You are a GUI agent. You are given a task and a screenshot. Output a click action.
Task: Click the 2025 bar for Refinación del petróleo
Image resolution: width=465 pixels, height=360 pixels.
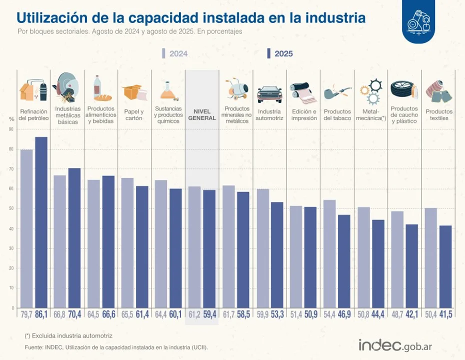pos(41,222)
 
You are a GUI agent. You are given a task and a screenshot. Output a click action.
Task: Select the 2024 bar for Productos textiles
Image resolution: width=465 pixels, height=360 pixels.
pos(431,258)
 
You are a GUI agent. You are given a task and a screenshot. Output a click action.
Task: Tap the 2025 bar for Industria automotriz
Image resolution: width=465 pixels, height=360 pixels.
pos(277,255)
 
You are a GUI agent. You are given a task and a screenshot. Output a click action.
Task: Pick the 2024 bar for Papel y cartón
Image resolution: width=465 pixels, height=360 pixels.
pos(127,243)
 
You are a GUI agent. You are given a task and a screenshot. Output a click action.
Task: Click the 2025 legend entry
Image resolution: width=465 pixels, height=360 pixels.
pos(280,53)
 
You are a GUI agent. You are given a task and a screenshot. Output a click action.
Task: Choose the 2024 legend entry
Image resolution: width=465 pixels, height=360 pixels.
pos(175,53)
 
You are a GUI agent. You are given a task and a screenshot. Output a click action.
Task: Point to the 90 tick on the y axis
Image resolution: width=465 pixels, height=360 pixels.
pos(11,129)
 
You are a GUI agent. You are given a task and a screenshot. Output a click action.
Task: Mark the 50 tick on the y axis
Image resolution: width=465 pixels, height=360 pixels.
pos(11,208)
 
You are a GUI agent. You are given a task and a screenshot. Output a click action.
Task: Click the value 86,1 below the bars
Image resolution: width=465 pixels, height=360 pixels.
pos(41,314)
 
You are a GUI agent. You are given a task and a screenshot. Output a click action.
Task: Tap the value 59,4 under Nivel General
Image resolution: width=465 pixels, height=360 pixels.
pos(209,314)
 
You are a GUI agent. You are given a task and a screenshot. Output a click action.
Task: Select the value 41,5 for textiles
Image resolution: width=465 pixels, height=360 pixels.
pos(445,314)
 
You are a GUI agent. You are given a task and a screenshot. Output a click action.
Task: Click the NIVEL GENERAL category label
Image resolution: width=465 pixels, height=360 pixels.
pos(202,115)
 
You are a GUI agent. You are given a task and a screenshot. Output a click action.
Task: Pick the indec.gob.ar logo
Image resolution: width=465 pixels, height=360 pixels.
pos(395,345)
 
